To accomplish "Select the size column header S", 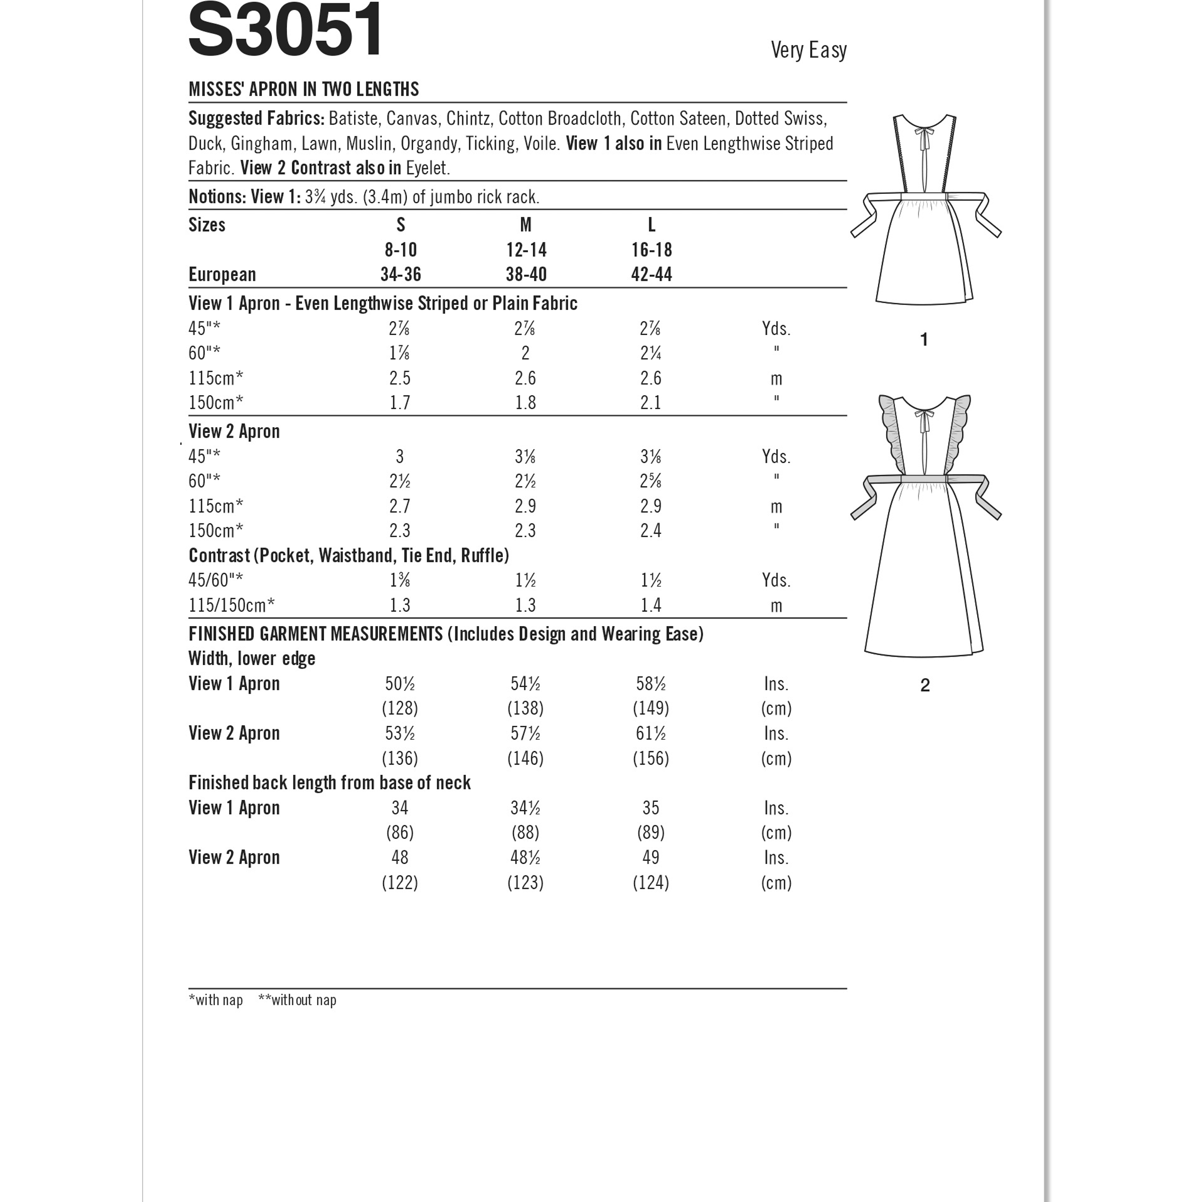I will click(x=401, y=224).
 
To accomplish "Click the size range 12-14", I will click(x=526, y=250).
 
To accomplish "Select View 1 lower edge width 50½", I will click(x=400, y=684).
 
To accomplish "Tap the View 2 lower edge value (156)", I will click(x=651, y=758).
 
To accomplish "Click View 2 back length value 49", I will click(x=651, y=857).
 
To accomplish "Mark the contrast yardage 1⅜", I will click(x=400, y=580).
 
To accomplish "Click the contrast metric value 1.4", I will click(x=651, y=606).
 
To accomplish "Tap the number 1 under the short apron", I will click(x=924, y=340).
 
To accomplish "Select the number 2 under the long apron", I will click(x=925, y=685).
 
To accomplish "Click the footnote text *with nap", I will click(x=215, y=1000).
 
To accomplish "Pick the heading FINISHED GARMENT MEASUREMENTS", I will click(x=316, y=634).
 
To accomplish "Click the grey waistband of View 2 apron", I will click(x=924, y=478).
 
